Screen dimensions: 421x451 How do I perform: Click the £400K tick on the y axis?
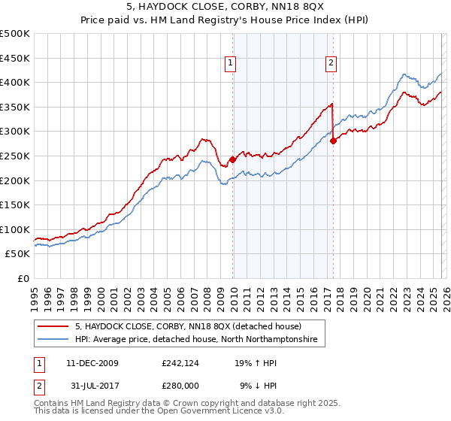click(x=15, y=83)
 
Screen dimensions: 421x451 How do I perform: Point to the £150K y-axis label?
click(x=15, y=204)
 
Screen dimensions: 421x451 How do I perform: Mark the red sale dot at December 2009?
click(x=232, y=159)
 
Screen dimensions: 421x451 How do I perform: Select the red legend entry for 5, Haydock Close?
click(x=187, y=327)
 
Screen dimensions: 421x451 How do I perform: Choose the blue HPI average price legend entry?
click(x=195, y=340)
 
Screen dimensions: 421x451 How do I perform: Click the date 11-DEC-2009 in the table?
click(x=92, y=363)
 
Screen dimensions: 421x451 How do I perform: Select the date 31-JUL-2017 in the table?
click(x=92, y=387)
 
